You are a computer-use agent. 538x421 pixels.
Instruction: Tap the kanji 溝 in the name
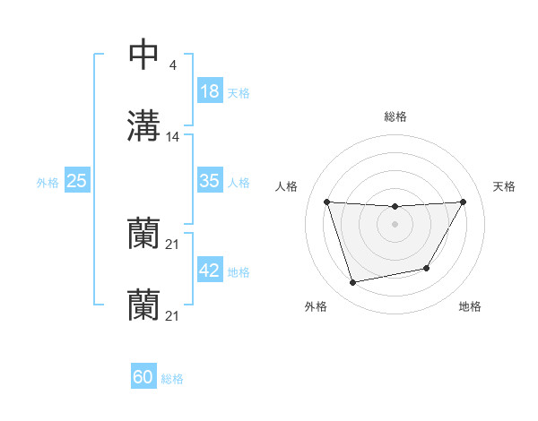[x=143, y=126]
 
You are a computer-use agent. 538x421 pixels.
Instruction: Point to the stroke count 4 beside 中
[x=172, y=64]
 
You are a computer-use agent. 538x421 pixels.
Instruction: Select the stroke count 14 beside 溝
[x=173, y=137]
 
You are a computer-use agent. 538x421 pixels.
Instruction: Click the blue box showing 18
[x=210, y=91]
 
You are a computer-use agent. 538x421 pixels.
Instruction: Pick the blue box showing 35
[x=210, y=181]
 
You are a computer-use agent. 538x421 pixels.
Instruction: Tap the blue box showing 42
[x=210, y=271]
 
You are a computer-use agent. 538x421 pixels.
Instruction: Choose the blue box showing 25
[x=77, y=181]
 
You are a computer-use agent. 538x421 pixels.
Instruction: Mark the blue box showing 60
[x=143, y=377]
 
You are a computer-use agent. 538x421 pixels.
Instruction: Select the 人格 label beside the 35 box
[x=238, y=183]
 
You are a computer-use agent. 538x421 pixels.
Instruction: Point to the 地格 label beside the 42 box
[x=238, y=272]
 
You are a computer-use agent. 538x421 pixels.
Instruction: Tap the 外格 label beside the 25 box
[x=48, y=183]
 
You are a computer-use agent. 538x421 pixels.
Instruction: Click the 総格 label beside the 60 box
[x=172, y=379]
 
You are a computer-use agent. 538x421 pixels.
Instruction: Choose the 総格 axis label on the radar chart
[x=395, y=116]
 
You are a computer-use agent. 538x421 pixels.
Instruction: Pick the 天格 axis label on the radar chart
[x=505, y=186]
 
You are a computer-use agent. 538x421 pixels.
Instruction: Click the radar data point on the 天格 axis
[x=464, y=202]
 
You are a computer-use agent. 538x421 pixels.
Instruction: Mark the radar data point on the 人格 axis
[x=326, y=202]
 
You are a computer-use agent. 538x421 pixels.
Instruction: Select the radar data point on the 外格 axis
[x=353, y=283]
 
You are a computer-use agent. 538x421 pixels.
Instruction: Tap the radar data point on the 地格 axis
[x=427, y=269]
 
